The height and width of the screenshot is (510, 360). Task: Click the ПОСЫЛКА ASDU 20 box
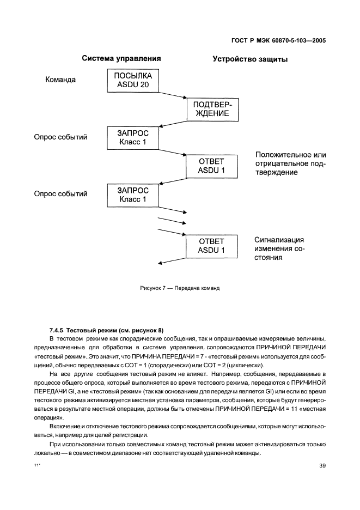coord(133,80)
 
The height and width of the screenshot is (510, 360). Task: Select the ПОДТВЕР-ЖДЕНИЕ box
coord(212,109)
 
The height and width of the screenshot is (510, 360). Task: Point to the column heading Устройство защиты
coord(250,59)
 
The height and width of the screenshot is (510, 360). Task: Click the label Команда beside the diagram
coord(60,80)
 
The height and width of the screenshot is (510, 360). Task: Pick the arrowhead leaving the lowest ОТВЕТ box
coord(160,264)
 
